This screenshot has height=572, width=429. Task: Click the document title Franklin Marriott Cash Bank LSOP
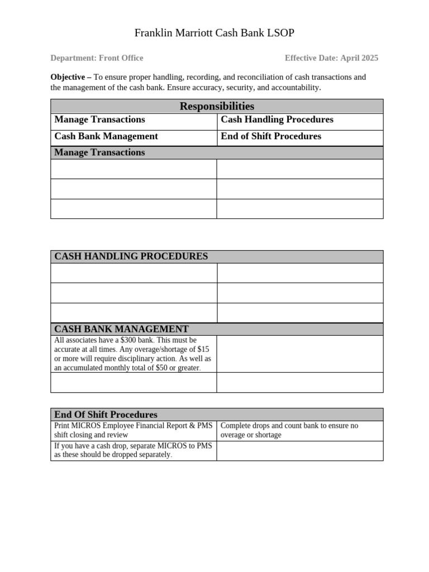[x=214, y=34]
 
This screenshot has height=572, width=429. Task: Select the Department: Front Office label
[x=97, y=58]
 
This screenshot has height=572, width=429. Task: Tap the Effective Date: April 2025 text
[x=331, y=58]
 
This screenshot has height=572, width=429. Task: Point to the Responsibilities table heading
[x=217, y=106]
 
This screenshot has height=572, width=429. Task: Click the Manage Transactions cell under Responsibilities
[x=99, y=120]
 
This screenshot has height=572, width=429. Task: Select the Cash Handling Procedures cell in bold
[x=277, y=120]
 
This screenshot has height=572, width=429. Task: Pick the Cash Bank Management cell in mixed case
[x=106, y=136]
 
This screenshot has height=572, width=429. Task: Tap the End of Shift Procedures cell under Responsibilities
[x=271, y=136]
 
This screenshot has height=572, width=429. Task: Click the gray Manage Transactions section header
[x=99, y=152]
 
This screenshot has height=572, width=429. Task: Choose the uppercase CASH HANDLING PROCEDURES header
[x=131, y=256]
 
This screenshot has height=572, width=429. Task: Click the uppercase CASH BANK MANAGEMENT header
[x=121, y=329]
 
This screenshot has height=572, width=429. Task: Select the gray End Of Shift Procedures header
[x=106, y=414]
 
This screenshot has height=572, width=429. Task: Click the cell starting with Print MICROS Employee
[x=133, y=430]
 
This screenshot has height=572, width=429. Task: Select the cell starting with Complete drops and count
[x=289, y=430]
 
